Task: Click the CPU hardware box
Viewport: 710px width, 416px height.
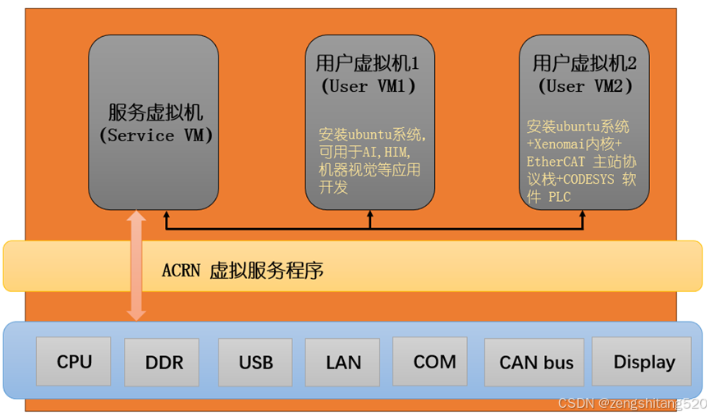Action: click(x=74, y=362)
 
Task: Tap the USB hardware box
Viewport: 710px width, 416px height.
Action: click(x=255, y=362)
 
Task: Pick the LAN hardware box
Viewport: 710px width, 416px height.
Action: click(x=343, y=362)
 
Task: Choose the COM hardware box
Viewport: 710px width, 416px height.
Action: click(x=434, y=361)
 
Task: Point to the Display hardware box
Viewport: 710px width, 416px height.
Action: click(x=644, y=362)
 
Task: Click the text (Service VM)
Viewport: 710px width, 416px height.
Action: click(x=155, y=136)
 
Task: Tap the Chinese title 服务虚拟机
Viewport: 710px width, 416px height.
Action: click(x=155, y=112)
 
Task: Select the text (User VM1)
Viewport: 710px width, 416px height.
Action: click(x=367, y=86)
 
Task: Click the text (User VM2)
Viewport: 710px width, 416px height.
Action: click(x=584, y=86)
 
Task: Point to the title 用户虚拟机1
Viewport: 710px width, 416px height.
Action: click(x=367, y=63)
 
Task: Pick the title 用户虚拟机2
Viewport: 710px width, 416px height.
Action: click(x=584, y=62)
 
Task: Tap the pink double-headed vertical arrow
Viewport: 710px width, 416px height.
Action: click(x=137, y=265)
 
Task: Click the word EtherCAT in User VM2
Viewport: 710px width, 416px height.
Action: click(x=554, y=162)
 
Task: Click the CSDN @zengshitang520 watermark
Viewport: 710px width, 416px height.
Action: click(x=631, y=405)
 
